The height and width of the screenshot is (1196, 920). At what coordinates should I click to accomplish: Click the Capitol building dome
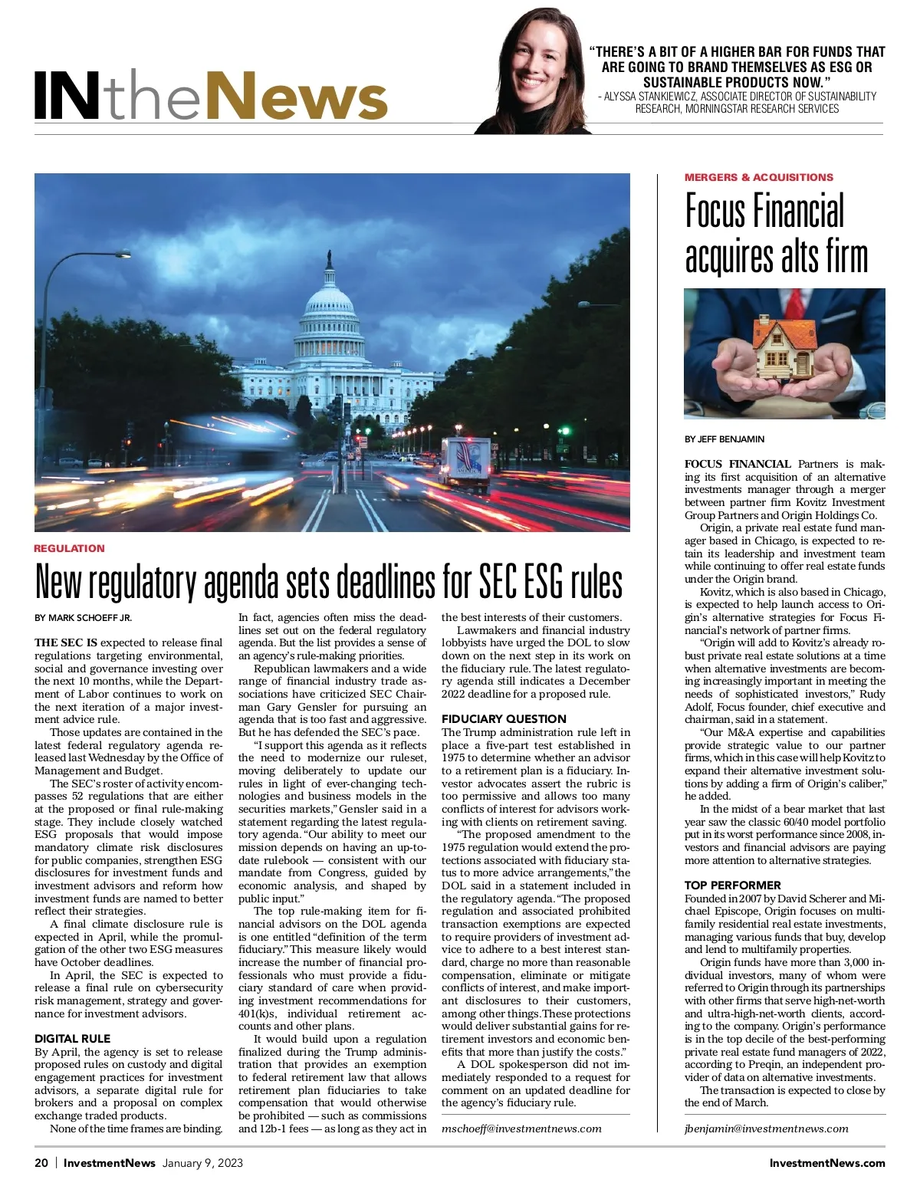click(x=330, y=307)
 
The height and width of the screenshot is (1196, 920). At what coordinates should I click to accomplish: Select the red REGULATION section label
click(x=69, y=548)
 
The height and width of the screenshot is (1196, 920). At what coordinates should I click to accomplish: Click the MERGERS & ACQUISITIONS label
click(x=758, y=177)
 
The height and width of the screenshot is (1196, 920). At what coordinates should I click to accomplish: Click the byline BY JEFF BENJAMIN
click(x=724, y=439)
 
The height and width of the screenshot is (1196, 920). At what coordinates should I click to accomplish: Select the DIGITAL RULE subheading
click(x=72, y=1039)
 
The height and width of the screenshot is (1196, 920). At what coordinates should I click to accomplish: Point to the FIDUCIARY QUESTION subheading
click(x=504, y=719)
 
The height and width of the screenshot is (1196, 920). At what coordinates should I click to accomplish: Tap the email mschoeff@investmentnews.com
click(x=521, y=1129)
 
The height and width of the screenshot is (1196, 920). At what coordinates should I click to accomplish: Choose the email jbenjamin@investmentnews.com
click(x=766, y=1129)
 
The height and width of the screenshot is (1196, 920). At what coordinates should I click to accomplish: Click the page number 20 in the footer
click(x=41, y=1163)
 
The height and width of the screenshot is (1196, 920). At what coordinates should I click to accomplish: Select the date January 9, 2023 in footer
click(x=202, y=1163)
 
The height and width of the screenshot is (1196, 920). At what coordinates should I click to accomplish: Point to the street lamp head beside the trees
click(x=123, y=255)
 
